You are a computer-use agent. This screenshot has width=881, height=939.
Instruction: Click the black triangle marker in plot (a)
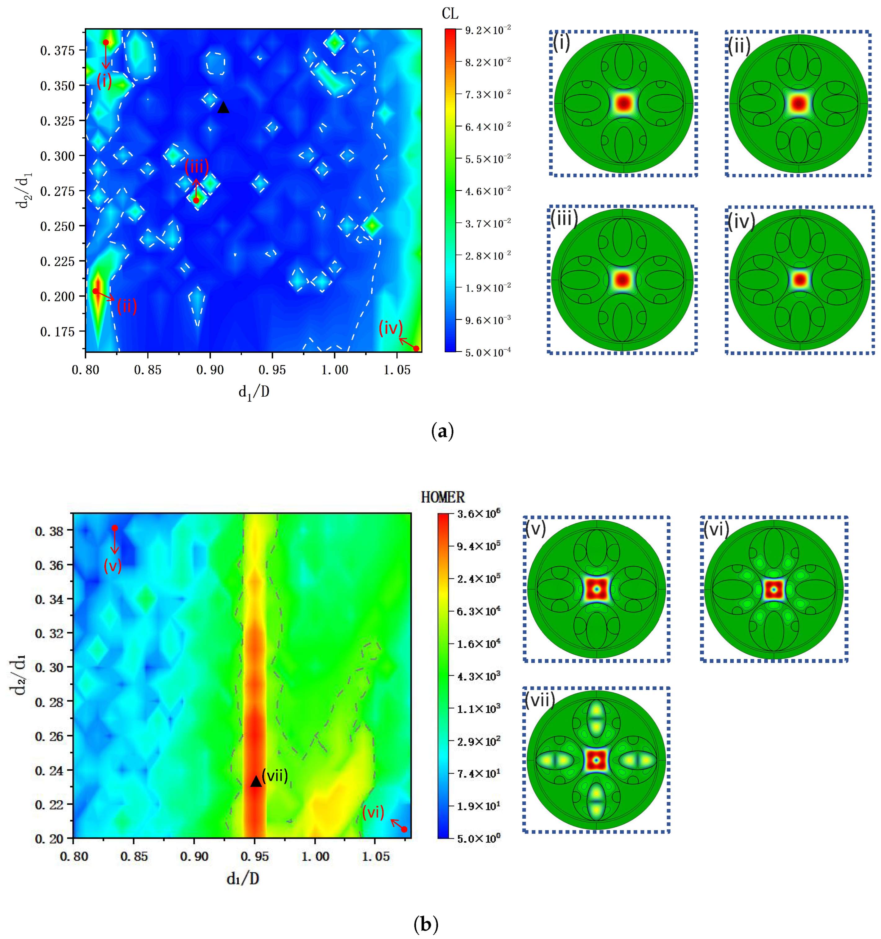pos(223,108)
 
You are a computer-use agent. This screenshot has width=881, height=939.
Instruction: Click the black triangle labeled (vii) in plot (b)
pos(256,782)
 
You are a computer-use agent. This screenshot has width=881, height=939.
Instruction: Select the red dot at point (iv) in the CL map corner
pos(416,349)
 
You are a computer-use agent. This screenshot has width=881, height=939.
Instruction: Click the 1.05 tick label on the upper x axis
pos(396,370)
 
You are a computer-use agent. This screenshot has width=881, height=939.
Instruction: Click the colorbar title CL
pos(450,14)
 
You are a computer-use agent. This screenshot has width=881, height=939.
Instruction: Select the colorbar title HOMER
pos(442,497)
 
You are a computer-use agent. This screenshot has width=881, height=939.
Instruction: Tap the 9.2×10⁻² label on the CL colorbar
pos(488,30)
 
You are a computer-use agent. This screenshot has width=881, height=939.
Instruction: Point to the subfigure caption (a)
pos(442,432)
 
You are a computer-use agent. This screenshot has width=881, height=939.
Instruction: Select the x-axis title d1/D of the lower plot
pos(243,879)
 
